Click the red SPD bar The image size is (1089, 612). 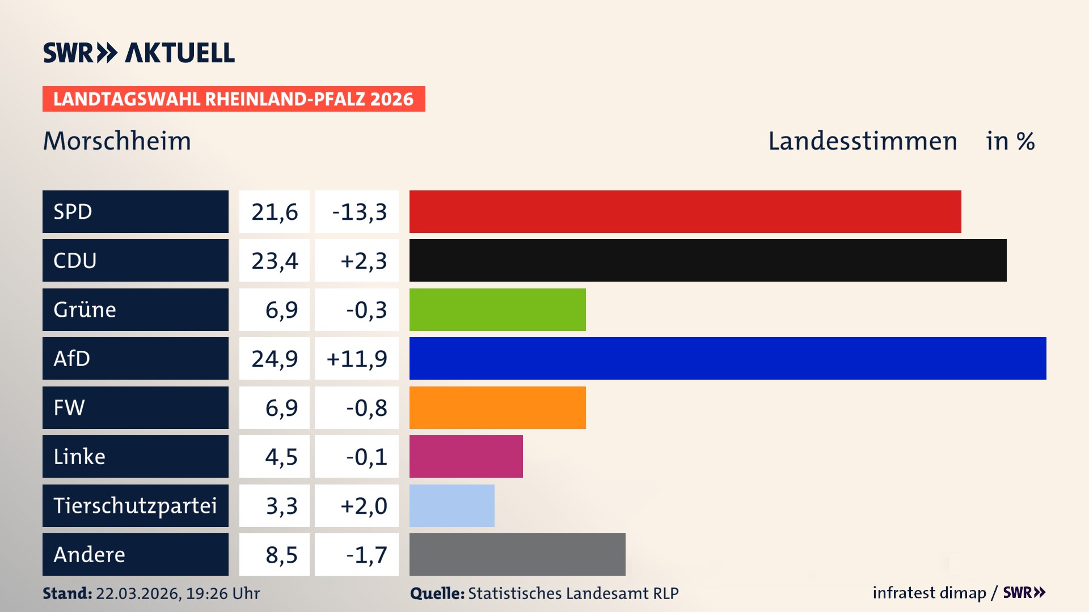pos(685,211)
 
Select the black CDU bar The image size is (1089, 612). pos(708,260)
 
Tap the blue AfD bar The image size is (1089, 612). pos(728,358)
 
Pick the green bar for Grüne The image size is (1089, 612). pos(497,309)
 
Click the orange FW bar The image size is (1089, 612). pos(497,407)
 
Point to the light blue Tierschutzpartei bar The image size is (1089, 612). pos(452,505)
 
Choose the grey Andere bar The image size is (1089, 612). pos(517,554)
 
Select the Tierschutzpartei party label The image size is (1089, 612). pos(136,505)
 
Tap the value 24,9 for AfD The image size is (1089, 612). pos(275,359)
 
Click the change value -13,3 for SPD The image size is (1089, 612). pos(359,212)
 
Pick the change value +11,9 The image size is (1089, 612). pos(357,359)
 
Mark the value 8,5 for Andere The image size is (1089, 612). pos(281,555)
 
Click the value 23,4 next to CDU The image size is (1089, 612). pos(275,261)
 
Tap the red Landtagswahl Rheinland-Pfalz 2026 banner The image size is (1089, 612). pos(234,99)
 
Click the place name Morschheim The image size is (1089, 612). pos(117,141)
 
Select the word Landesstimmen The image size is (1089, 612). pos(862,141)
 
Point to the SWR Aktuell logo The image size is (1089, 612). pos(139,53)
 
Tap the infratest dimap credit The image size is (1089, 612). pos(929,593)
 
